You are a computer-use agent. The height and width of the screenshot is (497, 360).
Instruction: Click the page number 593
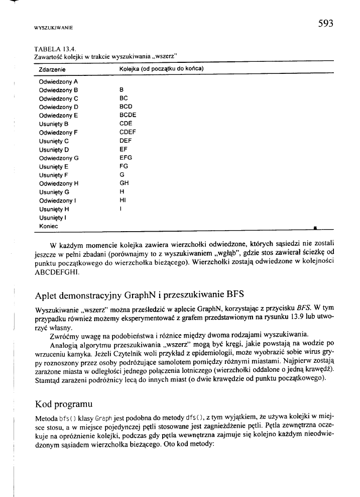[x=325, y=23]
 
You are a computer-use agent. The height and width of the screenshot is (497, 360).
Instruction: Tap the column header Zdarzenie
[x=53, y=68]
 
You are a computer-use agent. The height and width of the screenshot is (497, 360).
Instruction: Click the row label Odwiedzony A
[x=58, y=81]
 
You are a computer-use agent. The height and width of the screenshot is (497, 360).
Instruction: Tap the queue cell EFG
[x=126, y=158]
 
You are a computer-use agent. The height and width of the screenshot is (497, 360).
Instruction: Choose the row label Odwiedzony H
[x=59, y=183]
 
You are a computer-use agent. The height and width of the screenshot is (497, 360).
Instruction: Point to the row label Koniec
[x=48, y=226]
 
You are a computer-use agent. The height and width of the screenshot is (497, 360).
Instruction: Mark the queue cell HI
[x=123, y=200]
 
